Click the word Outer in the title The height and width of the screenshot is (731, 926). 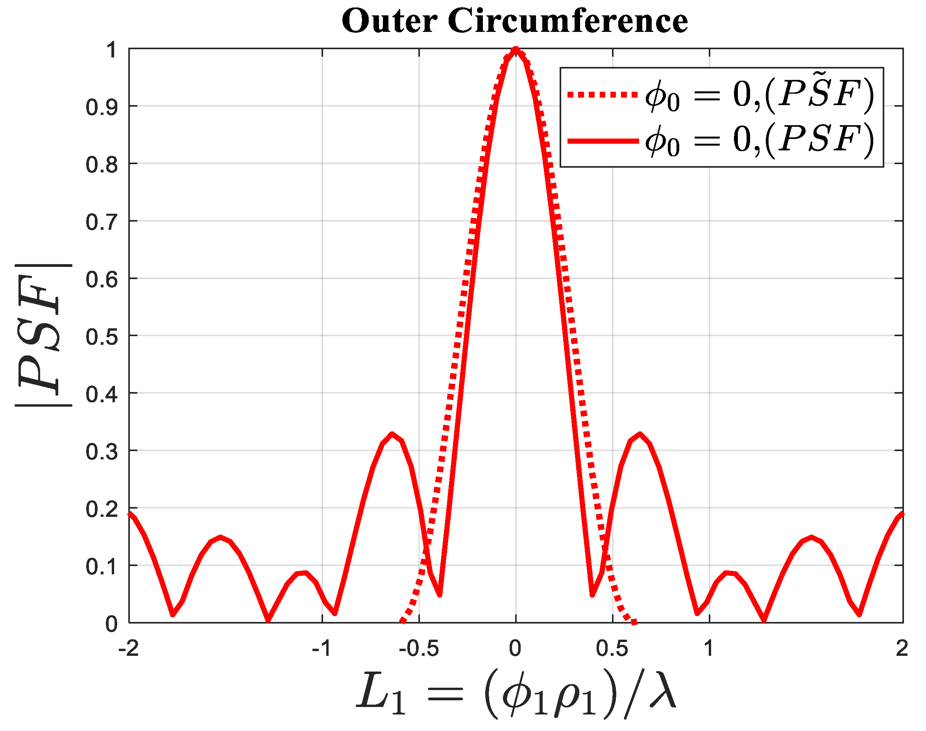pos(389,21)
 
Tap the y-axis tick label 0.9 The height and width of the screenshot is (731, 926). pos(102,107)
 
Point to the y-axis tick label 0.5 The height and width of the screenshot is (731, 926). pos(102,337)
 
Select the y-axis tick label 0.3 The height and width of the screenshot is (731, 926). pos(102,452)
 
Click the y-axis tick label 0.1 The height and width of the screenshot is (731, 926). pos(102,567)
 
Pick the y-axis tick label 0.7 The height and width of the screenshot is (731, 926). pos(102,222)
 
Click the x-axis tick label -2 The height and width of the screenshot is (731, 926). pos(128,648)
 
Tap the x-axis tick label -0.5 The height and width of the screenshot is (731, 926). pos(418,648)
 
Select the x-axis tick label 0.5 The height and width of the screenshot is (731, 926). pos(612,648)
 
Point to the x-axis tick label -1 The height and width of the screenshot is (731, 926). pos(322,648)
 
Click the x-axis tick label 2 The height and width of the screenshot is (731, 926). pos(902,648)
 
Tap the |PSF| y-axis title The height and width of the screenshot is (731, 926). pos(43,335)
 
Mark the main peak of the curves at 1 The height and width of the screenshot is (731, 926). pos(516,50)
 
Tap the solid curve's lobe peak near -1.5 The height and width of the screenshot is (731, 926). pos(220,537)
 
